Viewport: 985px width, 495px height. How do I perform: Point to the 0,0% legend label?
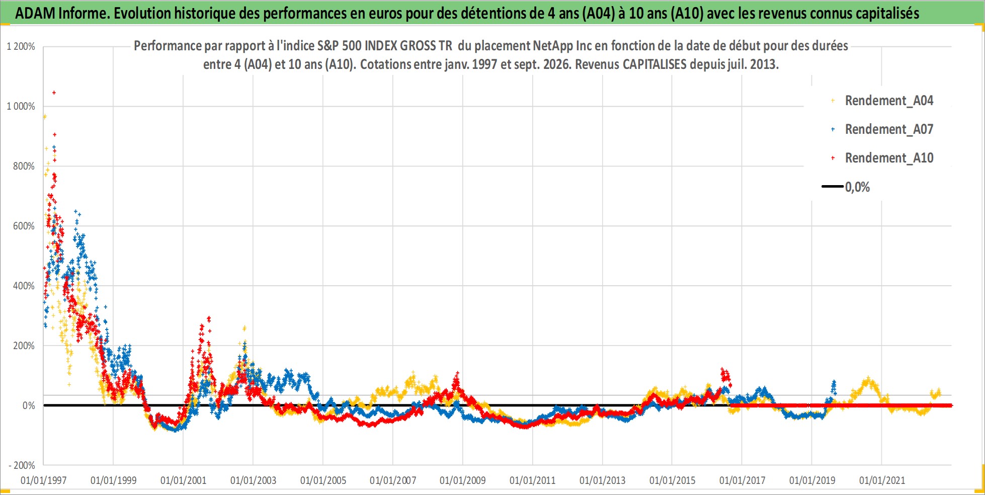tap(857, 187)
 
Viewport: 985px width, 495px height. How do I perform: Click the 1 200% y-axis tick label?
tap(21, 46)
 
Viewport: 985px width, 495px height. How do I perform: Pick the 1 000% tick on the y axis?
tap(21, 106)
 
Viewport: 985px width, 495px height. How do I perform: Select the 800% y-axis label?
tap(24, 166)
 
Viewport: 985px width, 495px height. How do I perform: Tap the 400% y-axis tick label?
tap(24, 286)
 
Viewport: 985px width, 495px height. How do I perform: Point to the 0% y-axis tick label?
tap(29, 405)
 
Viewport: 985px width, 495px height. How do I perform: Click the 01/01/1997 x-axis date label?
tap(44, 480)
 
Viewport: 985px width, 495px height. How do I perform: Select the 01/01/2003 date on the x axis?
tap(253, 480)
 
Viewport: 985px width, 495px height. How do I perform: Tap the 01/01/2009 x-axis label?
tap(463, 480)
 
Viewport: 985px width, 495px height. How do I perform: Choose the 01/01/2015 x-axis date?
tap(672, 480)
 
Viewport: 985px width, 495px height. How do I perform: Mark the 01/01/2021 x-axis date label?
tap(882, 480)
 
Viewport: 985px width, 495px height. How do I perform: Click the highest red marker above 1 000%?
tap(54, 93)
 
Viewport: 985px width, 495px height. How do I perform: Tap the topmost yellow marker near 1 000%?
tap(45, 117)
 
